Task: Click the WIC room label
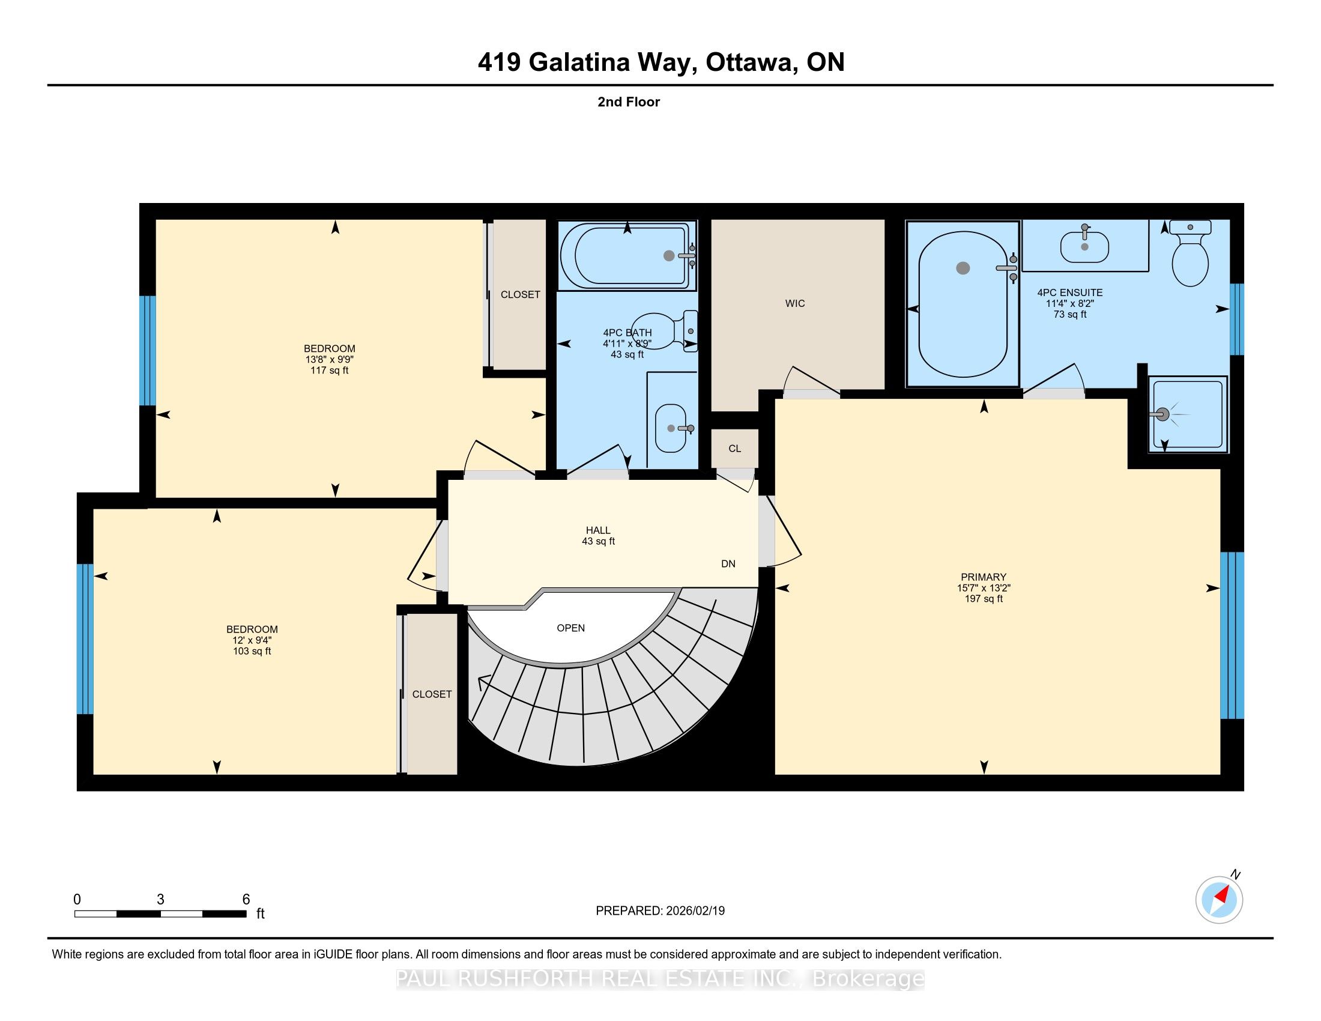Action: [x=795, y=303]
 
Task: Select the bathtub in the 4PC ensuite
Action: [x=963, y=304]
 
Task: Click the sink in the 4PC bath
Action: [x=671, y=428]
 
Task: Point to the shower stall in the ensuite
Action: [x=1188, y=414]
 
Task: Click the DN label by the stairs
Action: [x=728, y=564]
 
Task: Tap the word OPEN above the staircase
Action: [x=570, y=628]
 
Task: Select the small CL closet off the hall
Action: [x=734, y=448]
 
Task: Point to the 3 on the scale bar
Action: [x=160, y=900]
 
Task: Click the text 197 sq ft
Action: [x=984, y=599]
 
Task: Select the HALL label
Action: [x=598, y=530]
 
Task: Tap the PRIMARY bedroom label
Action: [x=984, y=577]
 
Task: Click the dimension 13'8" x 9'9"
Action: [x=330, y=359]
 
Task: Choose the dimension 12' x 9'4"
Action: [x=252, y=640]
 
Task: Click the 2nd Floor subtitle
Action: [x=629, y=101]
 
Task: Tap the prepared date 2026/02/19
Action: [x=695, y=911]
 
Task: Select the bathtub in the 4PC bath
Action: [x=627, y=255]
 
